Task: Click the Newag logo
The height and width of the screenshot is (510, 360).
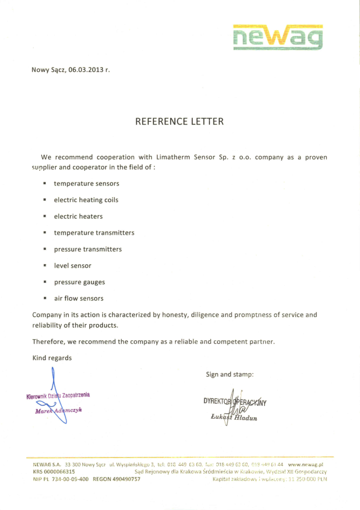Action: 278,37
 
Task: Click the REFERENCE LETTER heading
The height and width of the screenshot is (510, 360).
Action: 180,121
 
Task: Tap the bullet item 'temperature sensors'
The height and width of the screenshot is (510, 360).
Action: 86,183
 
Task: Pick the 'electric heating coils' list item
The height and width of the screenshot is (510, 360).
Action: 86,200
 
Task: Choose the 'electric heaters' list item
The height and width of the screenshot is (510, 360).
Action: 78,216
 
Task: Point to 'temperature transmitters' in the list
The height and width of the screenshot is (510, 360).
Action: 94,233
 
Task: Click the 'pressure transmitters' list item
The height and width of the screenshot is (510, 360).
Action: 88,249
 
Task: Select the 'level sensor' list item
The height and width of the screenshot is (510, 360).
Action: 73,266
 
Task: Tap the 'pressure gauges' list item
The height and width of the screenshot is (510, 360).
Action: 79,282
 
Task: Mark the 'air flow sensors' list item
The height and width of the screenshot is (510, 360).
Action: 78,298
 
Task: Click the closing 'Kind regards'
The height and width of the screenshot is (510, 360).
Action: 52,358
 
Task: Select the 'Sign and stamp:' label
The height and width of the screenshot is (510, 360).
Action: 230,374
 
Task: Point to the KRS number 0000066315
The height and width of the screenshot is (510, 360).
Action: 60,472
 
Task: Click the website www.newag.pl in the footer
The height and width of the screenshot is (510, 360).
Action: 305,465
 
